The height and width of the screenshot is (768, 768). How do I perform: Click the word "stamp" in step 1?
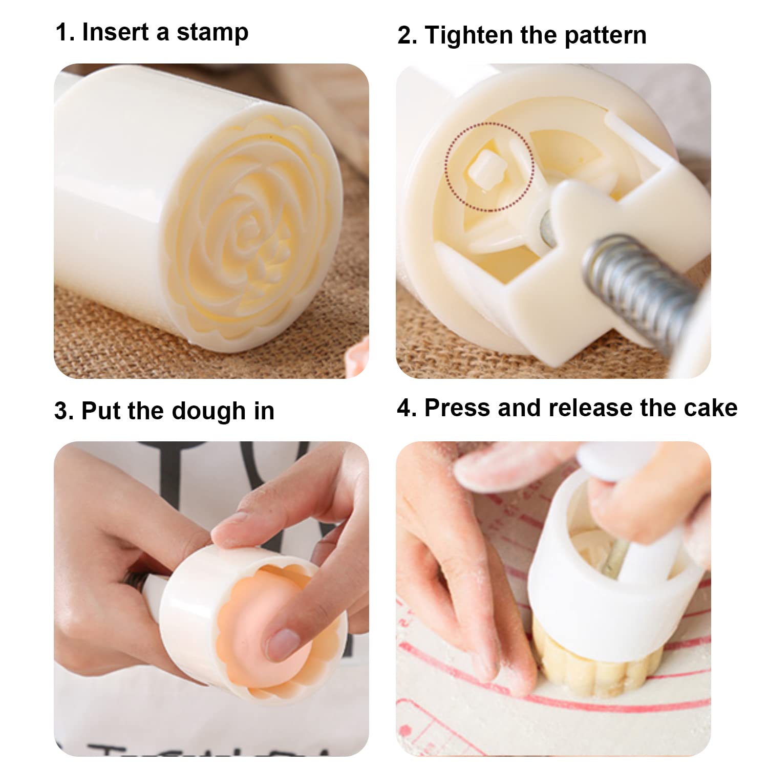point(212,33)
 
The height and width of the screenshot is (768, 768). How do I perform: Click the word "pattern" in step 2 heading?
point(606,36)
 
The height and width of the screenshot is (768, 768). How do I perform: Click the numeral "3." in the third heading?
point(65,411)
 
